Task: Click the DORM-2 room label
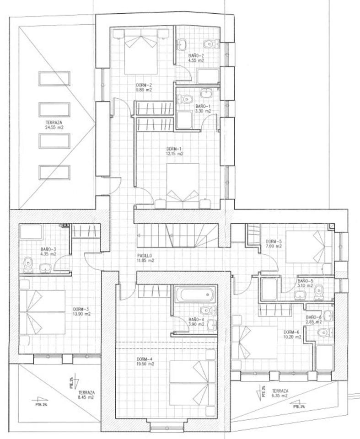[144, 85]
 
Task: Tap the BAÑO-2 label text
[196, 56]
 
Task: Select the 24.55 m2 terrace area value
[54, 128]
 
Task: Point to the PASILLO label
[144, 256]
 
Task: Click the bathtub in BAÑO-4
[194, 295]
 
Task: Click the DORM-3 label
[81, 309]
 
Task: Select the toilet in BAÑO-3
[29, 264]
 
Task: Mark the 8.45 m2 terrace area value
[86, 398]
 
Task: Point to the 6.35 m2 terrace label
[280, 396]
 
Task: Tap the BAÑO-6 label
[314, 317]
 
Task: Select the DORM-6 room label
[292, 332]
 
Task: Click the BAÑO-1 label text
[203, 106]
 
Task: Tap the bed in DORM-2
[141, 51]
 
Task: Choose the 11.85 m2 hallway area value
[145, 261]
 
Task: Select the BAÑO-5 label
[305, 281]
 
